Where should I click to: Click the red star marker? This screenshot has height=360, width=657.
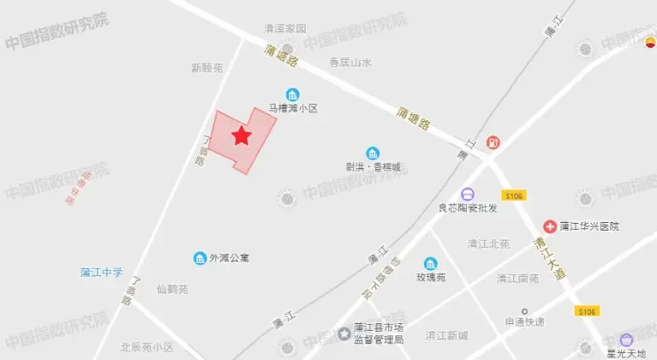242,135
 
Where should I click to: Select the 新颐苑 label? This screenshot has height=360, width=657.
207,67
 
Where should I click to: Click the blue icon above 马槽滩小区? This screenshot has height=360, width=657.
292,94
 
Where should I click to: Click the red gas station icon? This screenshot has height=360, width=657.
493,142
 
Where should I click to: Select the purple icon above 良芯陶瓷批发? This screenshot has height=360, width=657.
468,194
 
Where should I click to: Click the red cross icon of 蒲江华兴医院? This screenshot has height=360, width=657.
549,226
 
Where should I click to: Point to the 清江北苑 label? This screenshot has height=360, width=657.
488,243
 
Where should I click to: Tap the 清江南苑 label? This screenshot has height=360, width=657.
517,278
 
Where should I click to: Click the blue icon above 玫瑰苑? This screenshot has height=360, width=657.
431,264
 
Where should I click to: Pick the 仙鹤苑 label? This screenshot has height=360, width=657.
172,289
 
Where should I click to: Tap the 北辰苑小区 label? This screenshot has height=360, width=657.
146,347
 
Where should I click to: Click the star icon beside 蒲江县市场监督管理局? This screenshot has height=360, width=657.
343,333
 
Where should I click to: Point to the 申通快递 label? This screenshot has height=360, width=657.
525,322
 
